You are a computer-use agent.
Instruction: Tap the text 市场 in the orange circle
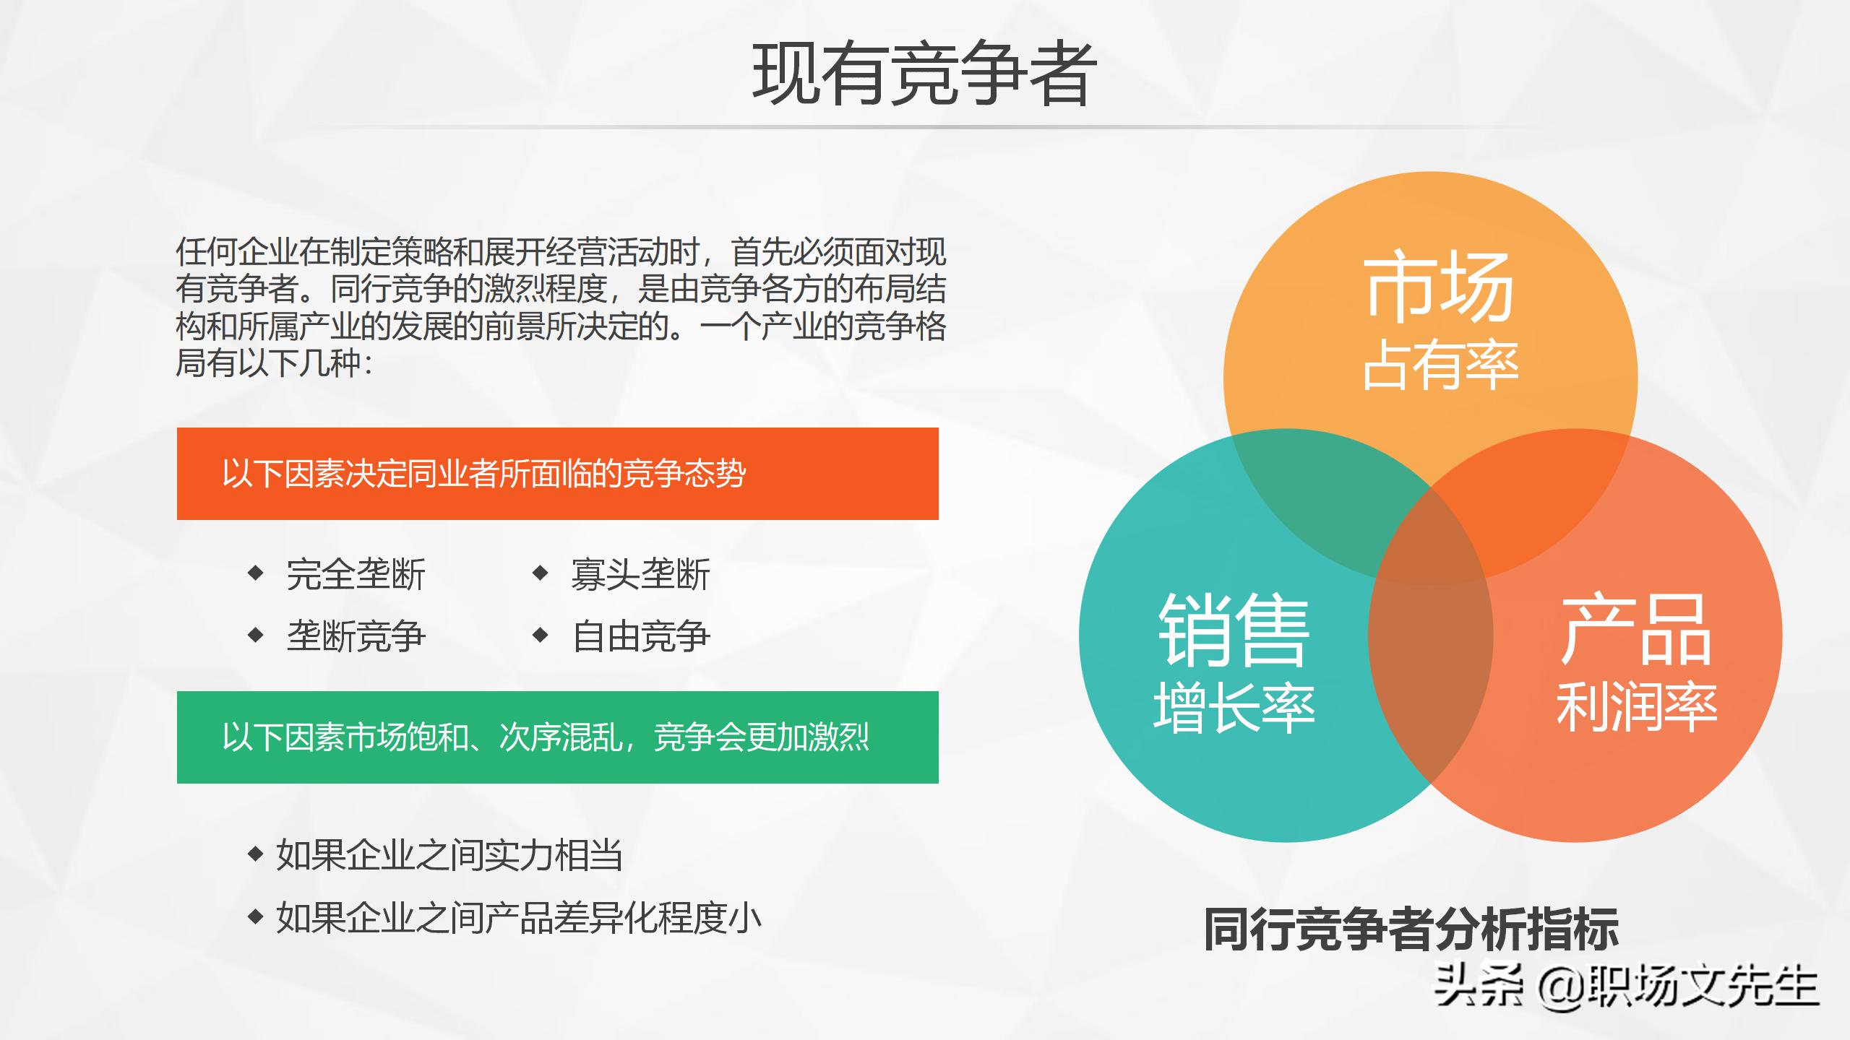point(1438,287)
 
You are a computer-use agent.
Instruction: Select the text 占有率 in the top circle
point(1440,365)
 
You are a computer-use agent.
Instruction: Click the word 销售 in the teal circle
point(1234,631)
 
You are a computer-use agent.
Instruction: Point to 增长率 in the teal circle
point(1234,708)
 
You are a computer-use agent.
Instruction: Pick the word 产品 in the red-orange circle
point(1636,631)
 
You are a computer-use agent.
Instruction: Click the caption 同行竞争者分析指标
point(1411,929)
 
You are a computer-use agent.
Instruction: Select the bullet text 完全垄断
point(356,575)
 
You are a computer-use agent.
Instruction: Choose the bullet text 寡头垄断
point(640,575)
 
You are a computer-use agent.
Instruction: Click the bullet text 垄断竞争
point(356,636)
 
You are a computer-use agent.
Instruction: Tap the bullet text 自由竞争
point(640,636)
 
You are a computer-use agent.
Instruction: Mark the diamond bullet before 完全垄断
point(255,573)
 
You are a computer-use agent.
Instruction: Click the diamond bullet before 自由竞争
point(540,636)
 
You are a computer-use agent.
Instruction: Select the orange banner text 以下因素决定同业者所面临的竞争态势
point(483,474)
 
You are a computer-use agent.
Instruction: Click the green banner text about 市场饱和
point(546,737)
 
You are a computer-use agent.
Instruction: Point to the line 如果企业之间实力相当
point(449,856)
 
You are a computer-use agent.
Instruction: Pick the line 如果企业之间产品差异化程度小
point(518,918)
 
